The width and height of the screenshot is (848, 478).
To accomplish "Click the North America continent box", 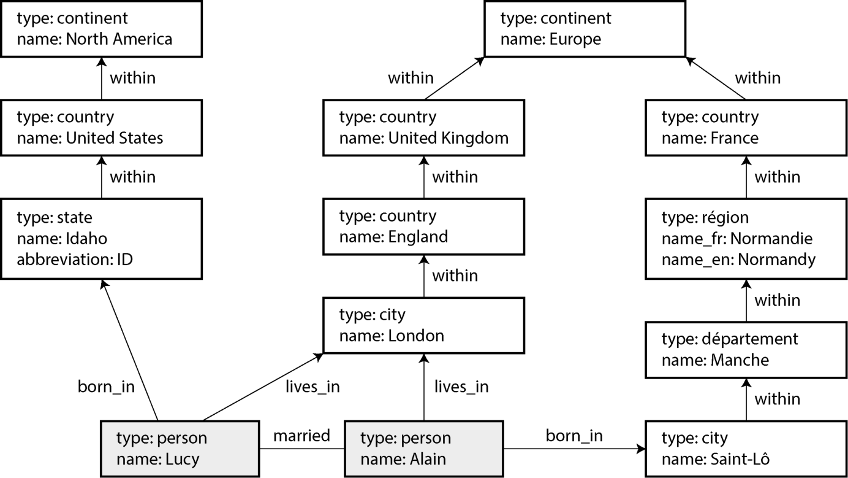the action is coord(102,29).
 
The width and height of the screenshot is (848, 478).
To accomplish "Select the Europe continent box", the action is coord(585,29).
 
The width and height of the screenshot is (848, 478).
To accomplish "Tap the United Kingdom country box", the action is coord(423,128).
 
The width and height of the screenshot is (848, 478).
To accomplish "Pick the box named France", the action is coord(746,128).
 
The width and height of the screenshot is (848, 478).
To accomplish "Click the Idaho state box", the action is coord(102,239).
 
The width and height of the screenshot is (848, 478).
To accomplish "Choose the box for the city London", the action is coord(423,326).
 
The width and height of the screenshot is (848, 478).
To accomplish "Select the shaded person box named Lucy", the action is coord(180,449).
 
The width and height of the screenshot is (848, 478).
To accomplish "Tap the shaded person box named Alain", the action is coord(423,449).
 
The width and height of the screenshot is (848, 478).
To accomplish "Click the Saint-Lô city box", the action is coord(746,449).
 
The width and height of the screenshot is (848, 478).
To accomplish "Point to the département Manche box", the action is coord(746,350).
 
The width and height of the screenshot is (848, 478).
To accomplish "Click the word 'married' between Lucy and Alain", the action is coord(301,436).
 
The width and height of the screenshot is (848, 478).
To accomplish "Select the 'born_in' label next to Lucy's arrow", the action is coord(106,387).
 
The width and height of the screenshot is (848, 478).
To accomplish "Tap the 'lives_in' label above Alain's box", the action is coord(461,387).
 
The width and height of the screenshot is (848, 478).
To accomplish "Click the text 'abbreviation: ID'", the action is coord(75,260).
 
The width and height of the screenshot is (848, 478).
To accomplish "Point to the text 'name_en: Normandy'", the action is coord(738,260).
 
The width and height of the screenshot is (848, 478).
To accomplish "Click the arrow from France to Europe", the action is coord(716,79).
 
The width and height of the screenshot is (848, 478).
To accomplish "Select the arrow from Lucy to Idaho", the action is coord(129,350).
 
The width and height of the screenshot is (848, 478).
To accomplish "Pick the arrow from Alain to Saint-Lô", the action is coord(574,449).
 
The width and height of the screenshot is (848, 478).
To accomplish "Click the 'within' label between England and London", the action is coord(455,276).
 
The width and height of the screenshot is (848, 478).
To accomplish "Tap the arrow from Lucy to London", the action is coord(263,387).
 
